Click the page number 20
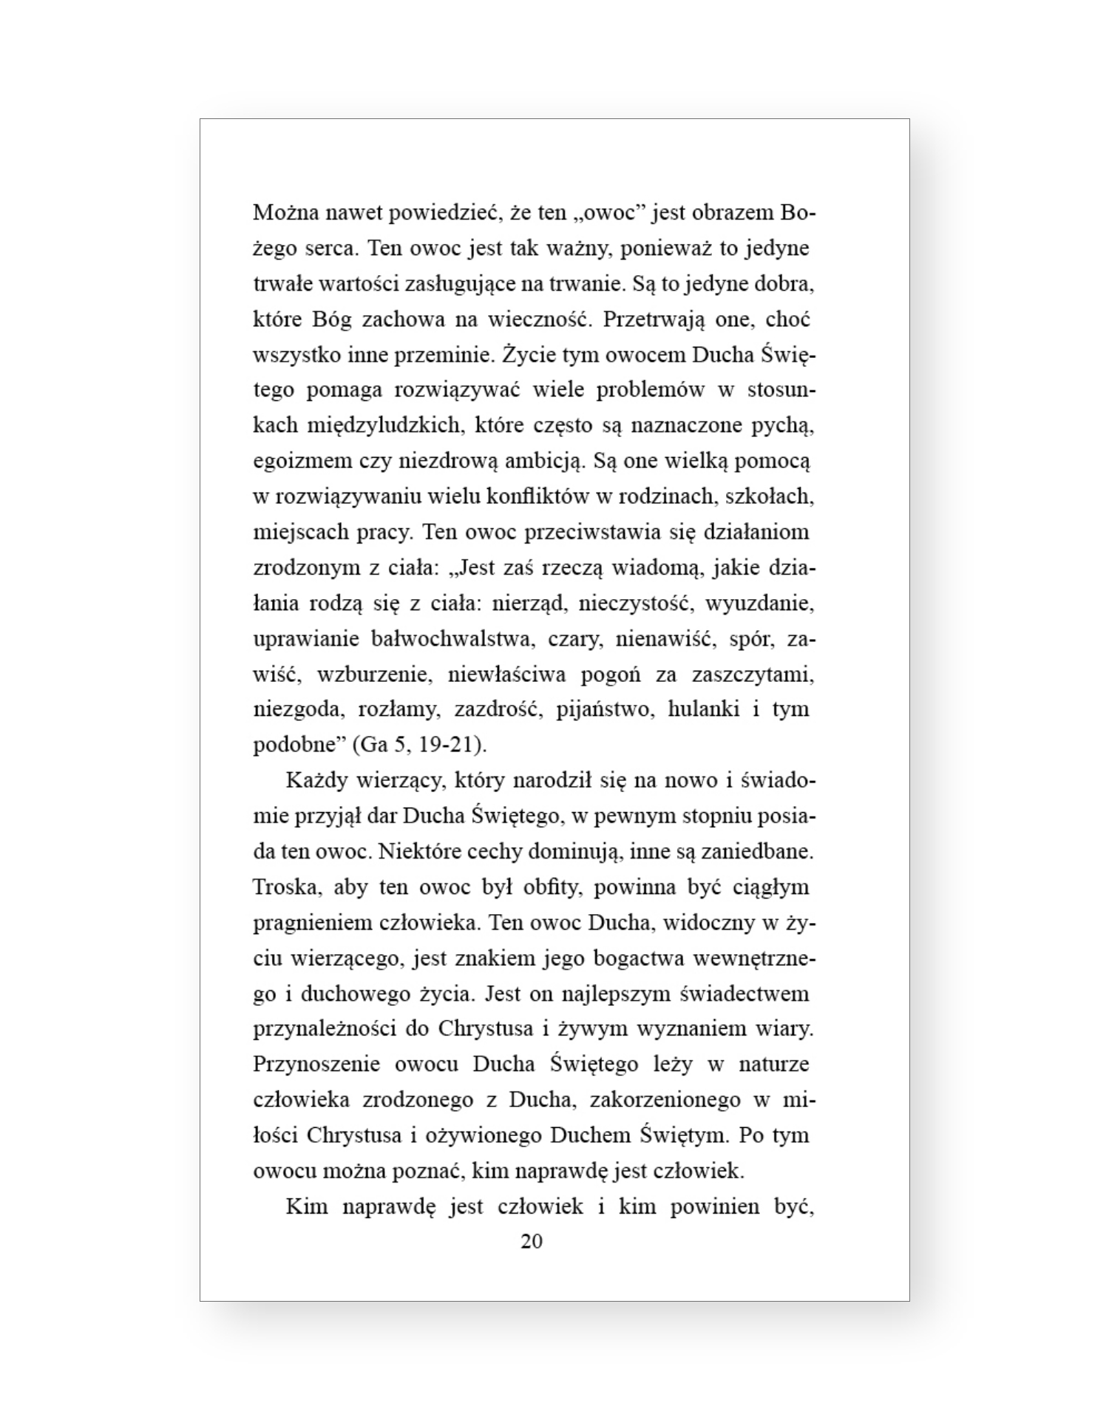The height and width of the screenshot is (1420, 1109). pos(532,1242)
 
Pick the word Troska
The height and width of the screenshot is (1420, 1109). pos(284,887)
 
